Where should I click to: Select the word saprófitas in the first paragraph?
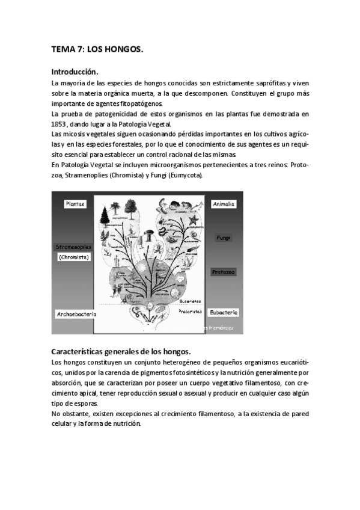(x=267, y=82)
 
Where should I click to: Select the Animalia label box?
(x=224, y=204)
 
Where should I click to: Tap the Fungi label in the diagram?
(x=224, y=238)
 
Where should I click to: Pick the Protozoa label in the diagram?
(x=224, y=272)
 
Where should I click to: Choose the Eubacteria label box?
(x=224, y=312)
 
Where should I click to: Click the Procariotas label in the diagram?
(x=190, y=312)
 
